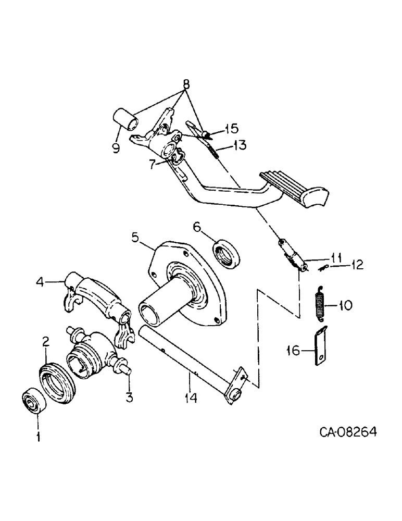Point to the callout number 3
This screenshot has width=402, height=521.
coord(129,398)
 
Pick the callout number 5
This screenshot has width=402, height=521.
coord(134,238)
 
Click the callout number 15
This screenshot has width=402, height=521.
coord(231,128)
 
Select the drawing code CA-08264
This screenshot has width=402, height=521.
coord(348,432)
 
